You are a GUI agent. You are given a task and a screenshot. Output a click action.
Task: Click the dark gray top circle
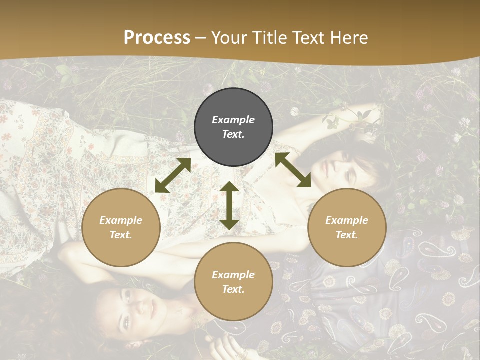[233, 127]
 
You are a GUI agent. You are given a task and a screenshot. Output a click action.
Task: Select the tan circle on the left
[121, 227]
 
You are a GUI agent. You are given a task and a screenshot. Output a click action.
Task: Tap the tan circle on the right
[347, 227]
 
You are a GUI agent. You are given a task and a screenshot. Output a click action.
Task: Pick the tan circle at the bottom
[233, 281]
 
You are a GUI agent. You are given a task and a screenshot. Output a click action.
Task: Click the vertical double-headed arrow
[229, 205]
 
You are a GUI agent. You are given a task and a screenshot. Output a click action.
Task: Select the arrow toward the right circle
[293, 170]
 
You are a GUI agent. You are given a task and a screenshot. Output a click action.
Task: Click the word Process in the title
[157, 37]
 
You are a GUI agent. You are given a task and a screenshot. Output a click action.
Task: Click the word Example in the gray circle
[233, 120]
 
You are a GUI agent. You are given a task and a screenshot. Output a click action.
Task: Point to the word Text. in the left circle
[121, 235]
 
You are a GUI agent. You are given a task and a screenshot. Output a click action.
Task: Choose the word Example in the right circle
[347, 220]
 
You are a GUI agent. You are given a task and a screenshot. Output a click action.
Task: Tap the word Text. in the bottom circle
[233, 289]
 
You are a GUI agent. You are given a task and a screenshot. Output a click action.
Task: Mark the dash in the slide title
[201, 38]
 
